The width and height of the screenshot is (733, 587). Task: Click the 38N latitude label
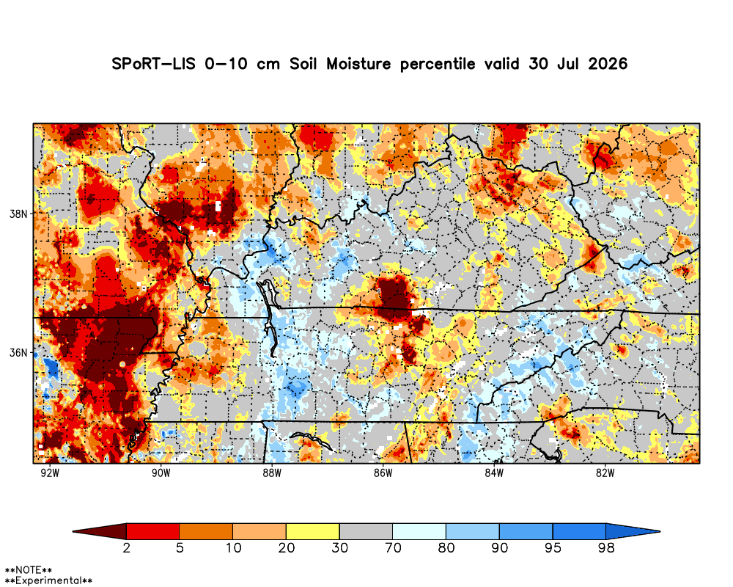click(x=19, y=214)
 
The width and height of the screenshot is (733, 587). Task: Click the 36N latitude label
click(x=19, y=352)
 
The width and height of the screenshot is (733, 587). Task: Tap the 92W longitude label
click(x=50, y=473)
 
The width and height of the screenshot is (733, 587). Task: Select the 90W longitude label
click(x=161, y=473)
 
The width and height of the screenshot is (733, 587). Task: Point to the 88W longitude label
click(x=272, y=473)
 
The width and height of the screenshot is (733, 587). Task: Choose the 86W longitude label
click(x=383, y=473)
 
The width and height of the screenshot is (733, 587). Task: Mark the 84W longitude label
click(x=494, y=473)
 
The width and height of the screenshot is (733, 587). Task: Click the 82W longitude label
click(x=605, y=473)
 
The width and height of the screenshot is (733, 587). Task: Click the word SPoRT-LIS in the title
click(x=154, y=64)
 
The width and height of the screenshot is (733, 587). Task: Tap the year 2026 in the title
click(x=608, y=64)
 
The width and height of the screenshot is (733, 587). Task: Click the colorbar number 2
click(x=126, y=547)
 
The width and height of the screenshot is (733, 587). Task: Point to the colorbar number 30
click(x=340, y=547)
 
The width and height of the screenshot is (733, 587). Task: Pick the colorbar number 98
click(x=606, y=547)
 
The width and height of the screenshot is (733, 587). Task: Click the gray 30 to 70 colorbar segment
click(x=366, y=531)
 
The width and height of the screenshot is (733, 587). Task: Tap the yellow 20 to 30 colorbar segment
click(x=313, y=531)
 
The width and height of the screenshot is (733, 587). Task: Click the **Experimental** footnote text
click(x=48, y=581)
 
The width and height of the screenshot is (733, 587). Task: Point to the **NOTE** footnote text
click(x=28, y=570)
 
